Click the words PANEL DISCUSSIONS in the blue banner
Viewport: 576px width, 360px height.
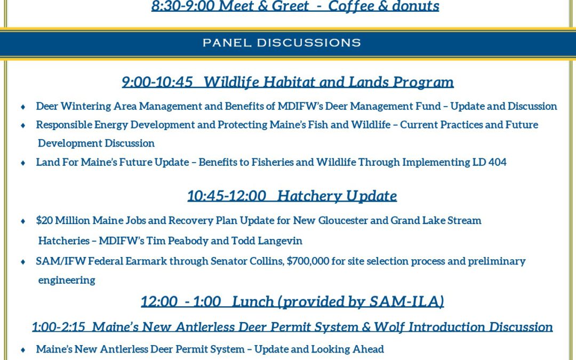coord(282,43)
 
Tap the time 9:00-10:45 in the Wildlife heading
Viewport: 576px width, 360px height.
coord(157,82)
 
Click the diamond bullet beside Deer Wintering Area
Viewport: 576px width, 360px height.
coord(23,107)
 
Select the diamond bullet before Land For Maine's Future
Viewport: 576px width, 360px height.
coord(23,163)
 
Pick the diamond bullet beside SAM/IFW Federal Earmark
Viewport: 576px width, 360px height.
coord(23,262)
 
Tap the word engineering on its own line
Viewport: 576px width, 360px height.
coord(67,281)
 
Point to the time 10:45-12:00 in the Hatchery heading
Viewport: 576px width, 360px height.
coord(227,195)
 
